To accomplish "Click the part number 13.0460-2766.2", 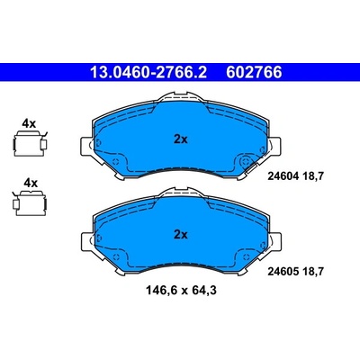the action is point(148,72).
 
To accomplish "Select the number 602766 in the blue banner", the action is point(254,72).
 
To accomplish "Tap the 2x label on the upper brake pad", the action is point(181,139).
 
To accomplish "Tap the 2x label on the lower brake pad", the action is point(181,235).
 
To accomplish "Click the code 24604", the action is point(283,176).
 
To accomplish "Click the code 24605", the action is point(283,272).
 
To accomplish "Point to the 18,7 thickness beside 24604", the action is point(313,176).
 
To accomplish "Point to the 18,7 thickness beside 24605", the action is point(313,272).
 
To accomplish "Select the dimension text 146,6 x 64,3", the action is point(181,291).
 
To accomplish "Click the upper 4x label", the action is point(30,123).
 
